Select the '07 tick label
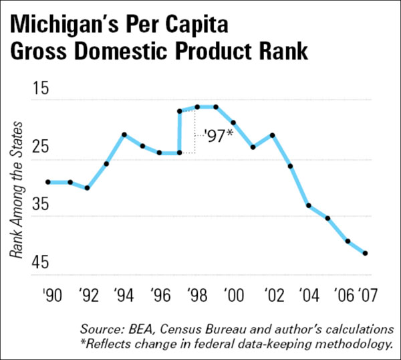tap(366, 294)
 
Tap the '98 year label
tap(197, 294)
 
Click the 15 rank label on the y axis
tap(42, 88)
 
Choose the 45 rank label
tap(42, 262)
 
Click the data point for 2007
tap(366, 253)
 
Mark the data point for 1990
tap(47, 182)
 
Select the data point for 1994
tap(124, 134)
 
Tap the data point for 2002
tap(273, 134)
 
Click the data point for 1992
tap(88, 188)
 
